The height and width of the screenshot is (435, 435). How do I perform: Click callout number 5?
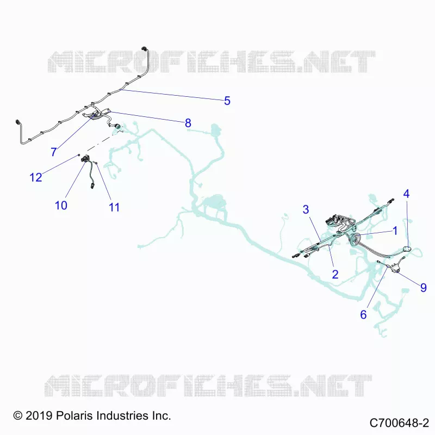tap(227, 101)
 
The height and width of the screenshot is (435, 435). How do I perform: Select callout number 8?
tap(188, 123)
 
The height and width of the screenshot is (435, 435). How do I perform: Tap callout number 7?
tap(54, 152)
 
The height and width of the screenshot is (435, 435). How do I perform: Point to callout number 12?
tap(36, 177)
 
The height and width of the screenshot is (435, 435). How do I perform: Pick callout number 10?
tap(61, 206)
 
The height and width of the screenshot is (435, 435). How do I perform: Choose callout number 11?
tap(114, 207)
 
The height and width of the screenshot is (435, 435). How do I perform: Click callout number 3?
tap(306, 209)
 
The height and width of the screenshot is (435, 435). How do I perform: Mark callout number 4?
tap(406, 194)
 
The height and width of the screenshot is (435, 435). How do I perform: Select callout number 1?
tap(395, 231)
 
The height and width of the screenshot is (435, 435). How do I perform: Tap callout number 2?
tap(335, 274)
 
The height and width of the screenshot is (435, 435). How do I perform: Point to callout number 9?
tap(424, 288)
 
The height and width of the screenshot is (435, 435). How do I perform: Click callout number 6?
tap(363, 315)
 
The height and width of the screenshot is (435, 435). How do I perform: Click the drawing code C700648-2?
tap(399, 423)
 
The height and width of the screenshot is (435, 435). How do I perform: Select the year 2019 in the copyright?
tap(39, 415)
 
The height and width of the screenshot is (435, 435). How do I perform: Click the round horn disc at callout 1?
tap(355, 240)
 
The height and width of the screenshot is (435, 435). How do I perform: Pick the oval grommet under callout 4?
tap(407, 249)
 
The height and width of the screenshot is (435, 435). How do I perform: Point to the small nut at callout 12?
tap(79, 155)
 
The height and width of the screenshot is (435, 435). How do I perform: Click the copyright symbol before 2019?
tap(18, 415)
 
